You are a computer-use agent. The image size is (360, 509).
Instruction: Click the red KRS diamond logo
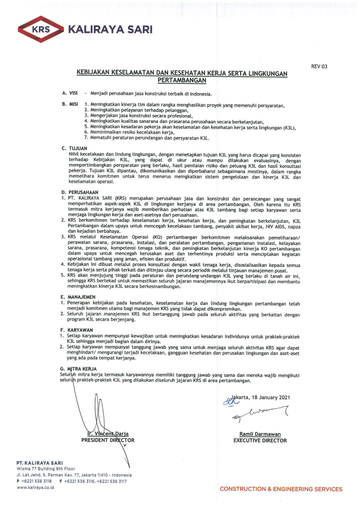pos(40,29)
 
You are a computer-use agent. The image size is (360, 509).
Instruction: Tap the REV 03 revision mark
pos(319,66)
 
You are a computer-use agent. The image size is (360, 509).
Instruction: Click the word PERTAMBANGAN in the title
pos(182,80)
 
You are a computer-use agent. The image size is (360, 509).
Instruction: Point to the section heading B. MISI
pos(70,104)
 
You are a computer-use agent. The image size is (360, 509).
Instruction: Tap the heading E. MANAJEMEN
pos(78,297)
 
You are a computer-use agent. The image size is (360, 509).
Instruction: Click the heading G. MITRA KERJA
pos(78,369)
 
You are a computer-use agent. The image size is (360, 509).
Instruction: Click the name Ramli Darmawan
pos(260,434)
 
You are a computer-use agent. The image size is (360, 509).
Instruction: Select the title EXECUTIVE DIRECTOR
pos(260,440)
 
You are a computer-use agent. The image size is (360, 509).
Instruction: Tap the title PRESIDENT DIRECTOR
pos(108,440)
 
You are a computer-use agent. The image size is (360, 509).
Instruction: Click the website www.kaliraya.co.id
pos(35,487)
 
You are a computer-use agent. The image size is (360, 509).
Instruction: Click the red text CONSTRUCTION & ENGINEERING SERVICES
pos(281,489)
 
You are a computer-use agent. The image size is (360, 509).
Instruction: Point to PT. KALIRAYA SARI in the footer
pos(40,463)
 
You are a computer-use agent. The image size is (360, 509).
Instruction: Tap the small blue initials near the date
pos(230,401)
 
